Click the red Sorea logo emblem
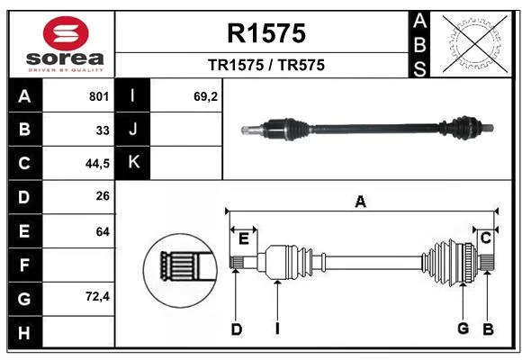pos(66,33)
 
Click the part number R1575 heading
pos(266,33)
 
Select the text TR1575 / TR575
pos(266,65)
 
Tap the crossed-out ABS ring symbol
pos(475,44)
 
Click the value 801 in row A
pos(99,96)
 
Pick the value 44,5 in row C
pos(97,164)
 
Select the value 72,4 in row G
pos(97,296)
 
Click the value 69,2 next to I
pos(205,96)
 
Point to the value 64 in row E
pos(103,231)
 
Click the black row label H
pos(24,332)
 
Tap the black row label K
pos(132,163)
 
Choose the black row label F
pos(24,265)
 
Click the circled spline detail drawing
pos(180,270)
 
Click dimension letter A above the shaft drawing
pos(361,202)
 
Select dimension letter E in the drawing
pos(244,238)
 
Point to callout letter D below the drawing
pos(237,329)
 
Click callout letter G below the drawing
pos(463,328)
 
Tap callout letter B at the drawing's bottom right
pos(488,329)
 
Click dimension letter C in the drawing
pos(486,238)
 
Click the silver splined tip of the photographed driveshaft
pos(250,130)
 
